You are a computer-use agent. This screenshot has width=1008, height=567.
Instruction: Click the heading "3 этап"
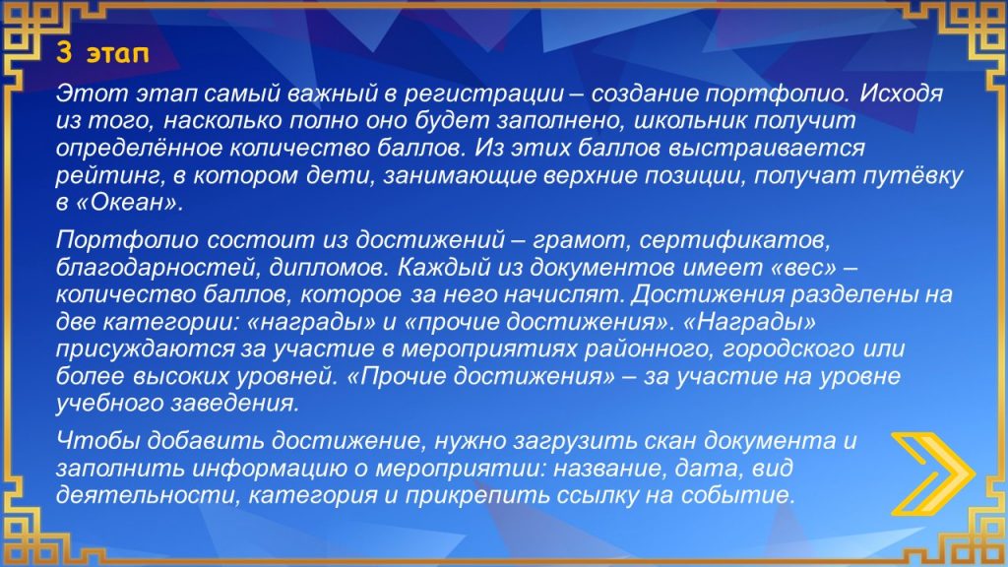tap(102, 53)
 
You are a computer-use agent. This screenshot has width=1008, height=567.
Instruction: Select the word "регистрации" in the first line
tap(483, 94)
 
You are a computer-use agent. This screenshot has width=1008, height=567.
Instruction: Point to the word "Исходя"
tap(902, 94)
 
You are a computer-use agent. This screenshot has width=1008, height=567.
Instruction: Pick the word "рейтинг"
tap(110, 175)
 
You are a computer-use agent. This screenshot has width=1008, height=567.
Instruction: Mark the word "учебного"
tap(110, 404)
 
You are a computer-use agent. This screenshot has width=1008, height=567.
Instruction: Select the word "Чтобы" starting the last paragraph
tap(97, 441)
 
